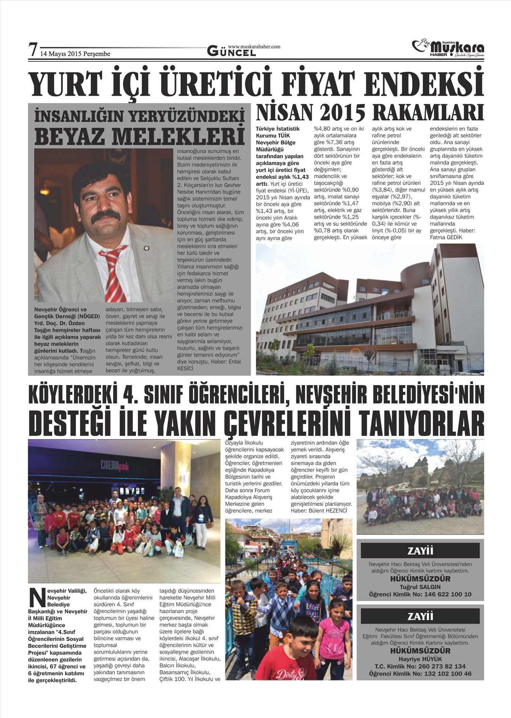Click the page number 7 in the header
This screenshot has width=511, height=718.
click(x=33, y=50)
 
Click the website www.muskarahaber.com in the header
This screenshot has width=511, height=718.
click(x=254, y=47)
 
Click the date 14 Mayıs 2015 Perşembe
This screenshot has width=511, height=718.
click(x=75, y=54)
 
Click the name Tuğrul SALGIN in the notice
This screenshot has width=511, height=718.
click(x=420, y=587)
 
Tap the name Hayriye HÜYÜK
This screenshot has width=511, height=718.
click(x=420, y=659)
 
